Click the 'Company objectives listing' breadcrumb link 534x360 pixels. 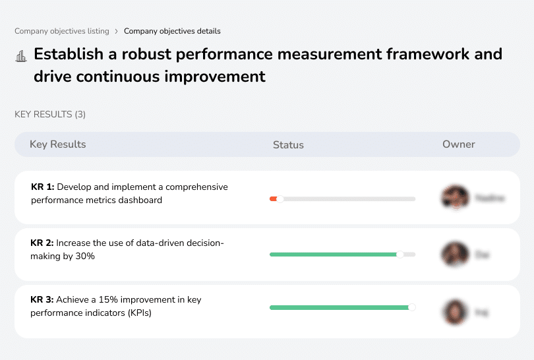[x=61, y=31]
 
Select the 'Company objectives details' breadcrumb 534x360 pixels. [x=172, y=31]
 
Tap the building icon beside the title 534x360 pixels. [x=21, y=55]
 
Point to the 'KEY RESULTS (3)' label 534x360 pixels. [x=50, y=115]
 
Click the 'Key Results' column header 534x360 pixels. [x=57, y=144]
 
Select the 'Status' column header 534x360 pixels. [x=288, y=145]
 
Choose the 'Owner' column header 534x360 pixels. [x=458, y=144]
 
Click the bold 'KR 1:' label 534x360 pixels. [x=43, y=187]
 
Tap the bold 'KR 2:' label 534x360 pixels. [x=43, y=243]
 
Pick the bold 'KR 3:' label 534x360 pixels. [x=43, y=300]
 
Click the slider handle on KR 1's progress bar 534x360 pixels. [x=280, y=198]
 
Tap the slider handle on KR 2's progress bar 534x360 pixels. [x=400, y=255]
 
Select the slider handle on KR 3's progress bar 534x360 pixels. [x=412, y=307]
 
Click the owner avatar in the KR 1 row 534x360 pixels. [x=455, y=197]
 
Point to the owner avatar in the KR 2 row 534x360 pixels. [x=455, y=254]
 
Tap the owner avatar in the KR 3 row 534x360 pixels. [x=455, y=311]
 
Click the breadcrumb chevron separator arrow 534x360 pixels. [x=116, y=31]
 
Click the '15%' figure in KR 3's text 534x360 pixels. [x=108, y=300]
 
